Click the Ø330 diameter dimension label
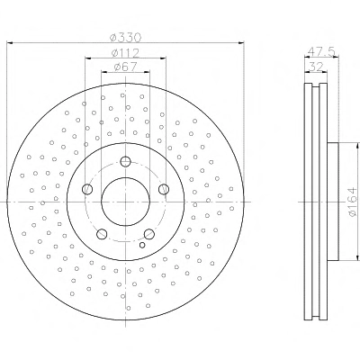point(125,38)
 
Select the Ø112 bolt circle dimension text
point(125,53)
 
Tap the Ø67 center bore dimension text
point(125,67)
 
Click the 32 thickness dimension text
point(316,67)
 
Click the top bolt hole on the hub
point(125,162)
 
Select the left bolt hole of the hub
point(87,189)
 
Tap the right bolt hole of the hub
point(164,189)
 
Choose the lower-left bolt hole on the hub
point(102,234)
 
